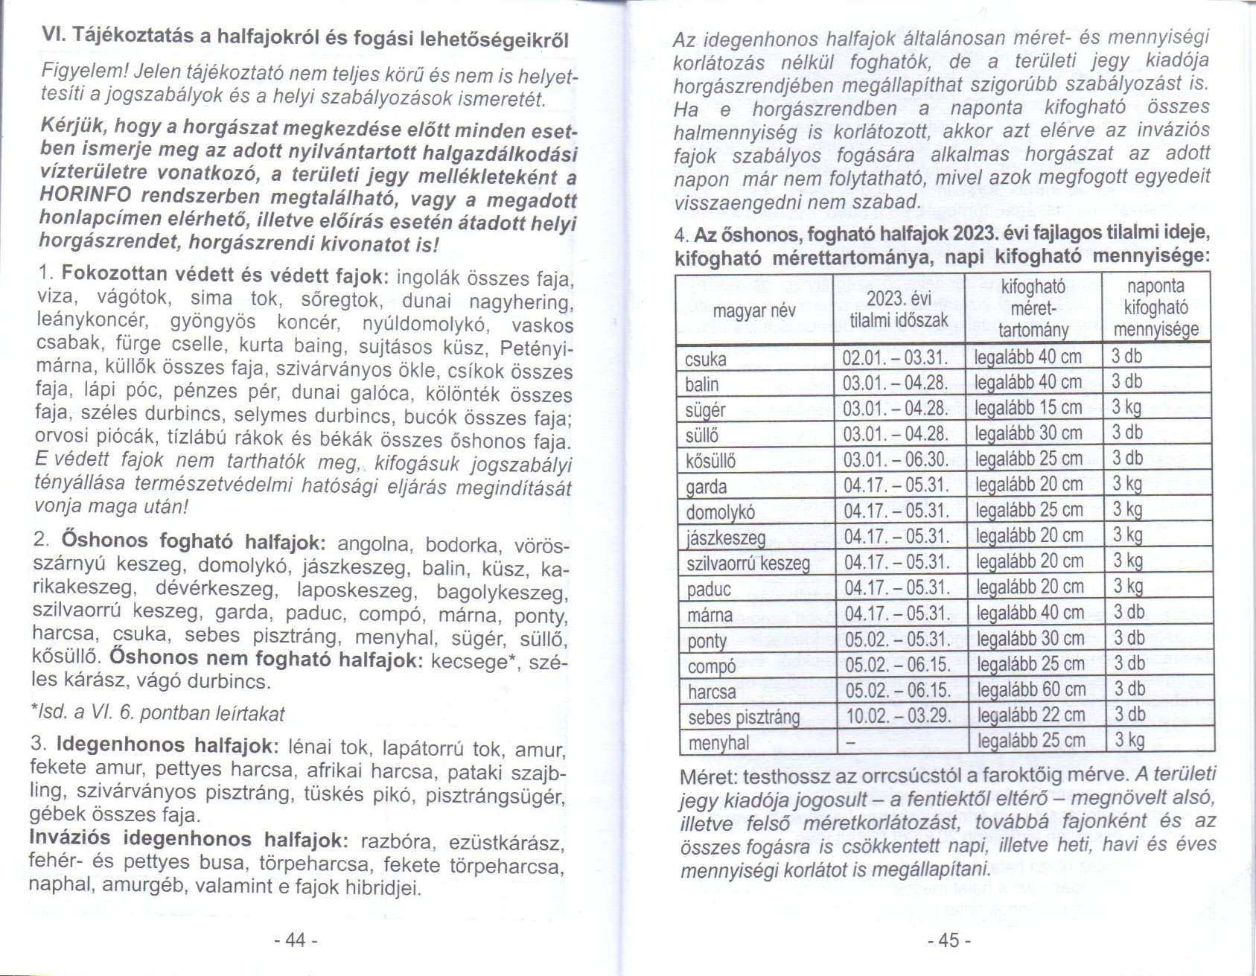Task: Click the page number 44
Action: pyautogui.click(x=296, y=940)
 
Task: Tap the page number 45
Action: pyautogui.click(x=949, y=940)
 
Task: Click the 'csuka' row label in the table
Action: pyautogui.click(x=706, y=360)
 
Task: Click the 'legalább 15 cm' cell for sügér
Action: pyautogui.click(x=1028, y=408)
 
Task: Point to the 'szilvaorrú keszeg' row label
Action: pyautogui.click(x=748, y=562)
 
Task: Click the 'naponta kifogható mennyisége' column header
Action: pyautogui.click(x=1155, y=307)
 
